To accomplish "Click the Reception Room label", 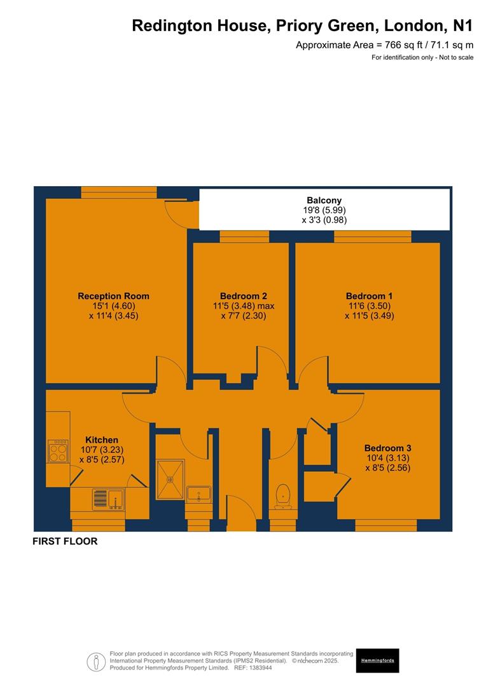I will pos(113,296).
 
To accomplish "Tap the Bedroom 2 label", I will pos(243,296).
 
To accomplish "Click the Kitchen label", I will pos(102,440).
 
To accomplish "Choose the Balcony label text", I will pos(324,200).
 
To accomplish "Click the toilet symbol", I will pos(282,496).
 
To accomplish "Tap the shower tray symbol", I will pos(170,480).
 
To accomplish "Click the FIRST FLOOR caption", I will pos(65,542).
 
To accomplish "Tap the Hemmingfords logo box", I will pos(377,661).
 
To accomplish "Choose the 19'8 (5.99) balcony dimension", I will pos(324,210).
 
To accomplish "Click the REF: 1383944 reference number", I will pos(253,668).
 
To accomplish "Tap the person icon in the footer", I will pos(97,661).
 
